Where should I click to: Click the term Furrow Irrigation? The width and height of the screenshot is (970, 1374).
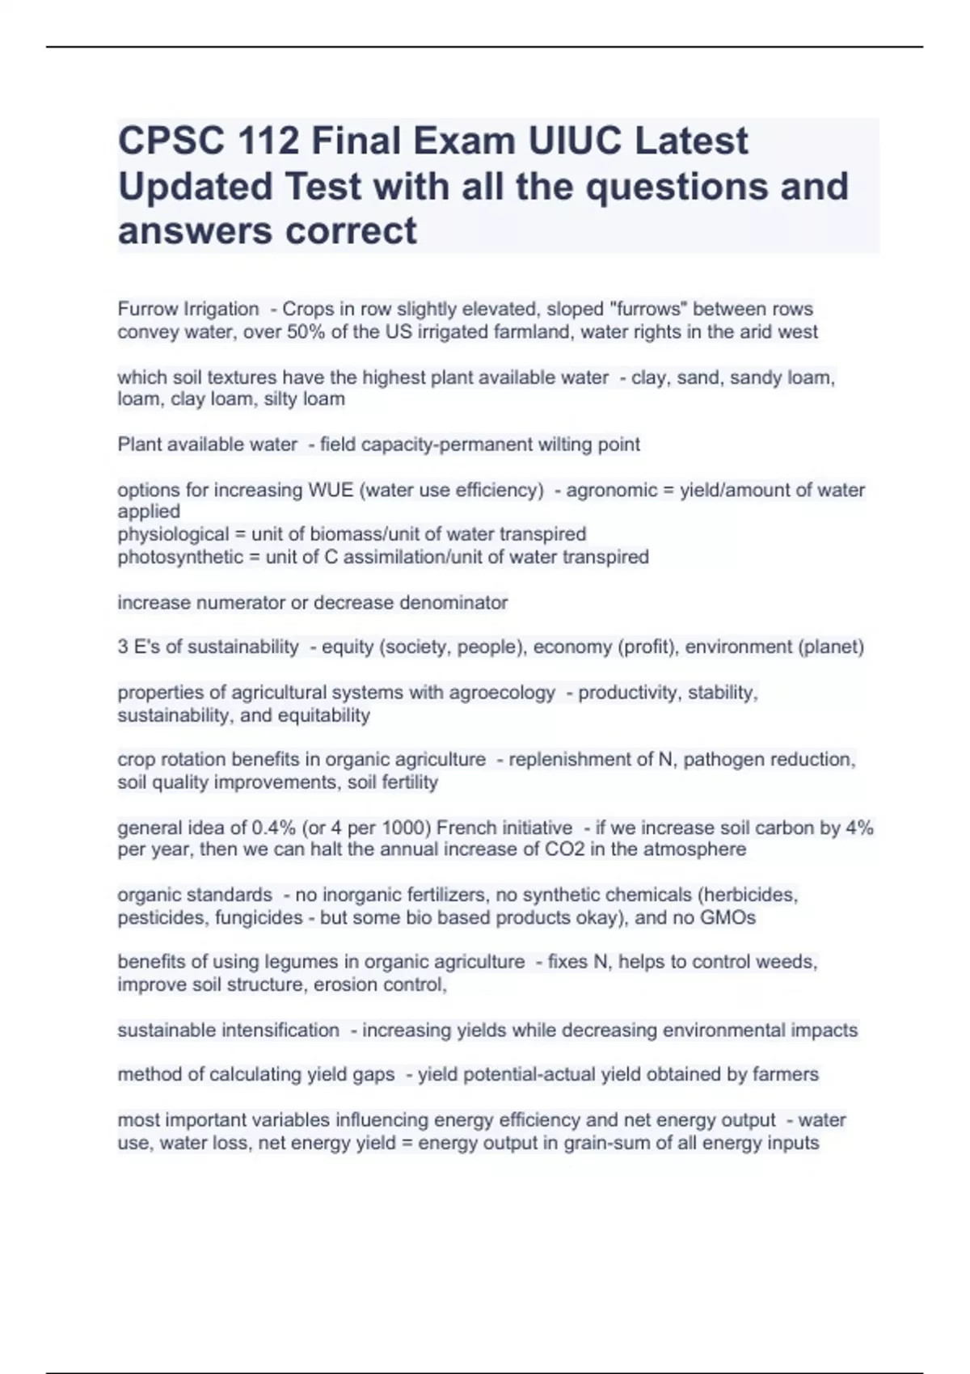(x=188, y=309)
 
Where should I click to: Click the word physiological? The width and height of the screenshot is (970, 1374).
(x=173, y=534)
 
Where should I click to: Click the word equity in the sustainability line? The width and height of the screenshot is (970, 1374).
(x=347, y=647)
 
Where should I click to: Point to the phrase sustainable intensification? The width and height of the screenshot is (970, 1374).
(x=229, y=1030)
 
